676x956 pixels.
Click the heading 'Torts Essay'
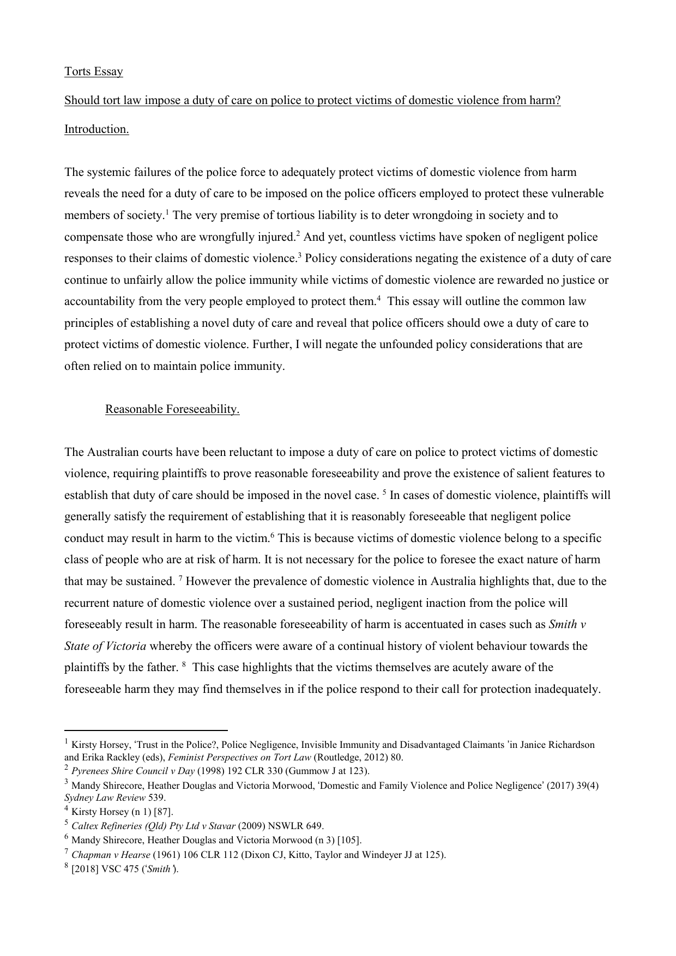point(93,71)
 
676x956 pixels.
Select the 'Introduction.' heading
point(96,129)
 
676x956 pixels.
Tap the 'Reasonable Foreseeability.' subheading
point(172,409)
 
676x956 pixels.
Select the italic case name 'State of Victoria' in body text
point(105,646)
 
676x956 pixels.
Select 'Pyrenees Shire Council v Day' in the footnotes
point(133,771)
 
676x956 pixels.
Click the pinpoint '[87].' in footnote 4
point(164,812)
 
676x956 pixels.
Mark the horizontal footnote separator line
point(146,730)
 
